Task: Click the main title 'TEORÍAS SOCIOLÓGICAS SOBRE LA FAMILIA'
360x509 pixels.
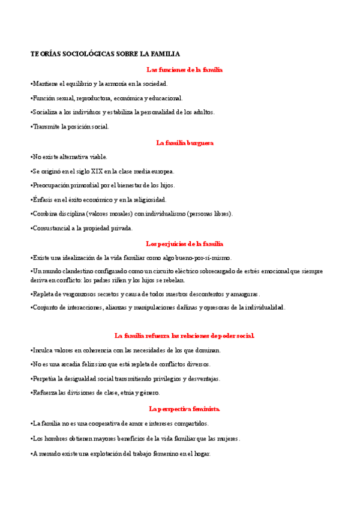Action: [x=105, y=54]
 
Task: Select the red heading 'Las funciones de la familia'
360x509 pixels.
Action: [x=184, y=70]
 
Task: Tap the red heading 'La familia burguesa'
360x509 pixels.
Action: [x=184, y=143]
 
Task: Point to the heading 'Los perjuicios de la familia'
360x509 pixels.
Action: [x=184, y=244]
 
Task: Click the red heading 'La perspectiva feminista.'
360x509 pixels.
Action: [x=184, y=409]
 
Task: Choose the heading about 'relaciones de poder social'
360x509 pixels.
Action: [x=184, y=336]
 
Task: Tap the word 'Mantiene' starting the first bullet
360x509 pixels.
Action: [x=46, y=84]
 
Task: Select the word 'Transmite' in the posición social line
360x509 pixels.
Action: [x=47, y=127]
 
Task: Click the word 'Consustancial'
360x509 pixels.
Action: [x=53, y=228]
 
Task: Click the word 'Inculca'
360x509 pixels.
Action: [x=43, y=350]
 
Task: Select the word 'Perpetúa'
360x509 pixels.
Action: [x=46, y=379]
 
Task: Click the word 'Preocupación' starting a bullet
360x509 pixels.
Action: [x=52, y=185]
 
